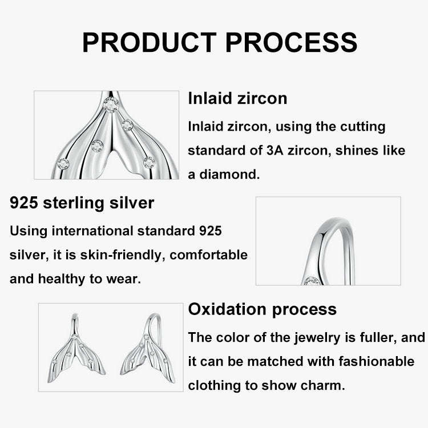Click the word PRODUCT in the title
pos(149,42)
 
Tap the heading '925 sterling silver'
pos(82,203)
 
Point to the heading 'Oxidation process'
pos(263,309)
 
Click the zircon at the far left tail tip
pos(63,164)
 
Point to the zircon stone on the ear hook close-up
pos(312,281)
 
